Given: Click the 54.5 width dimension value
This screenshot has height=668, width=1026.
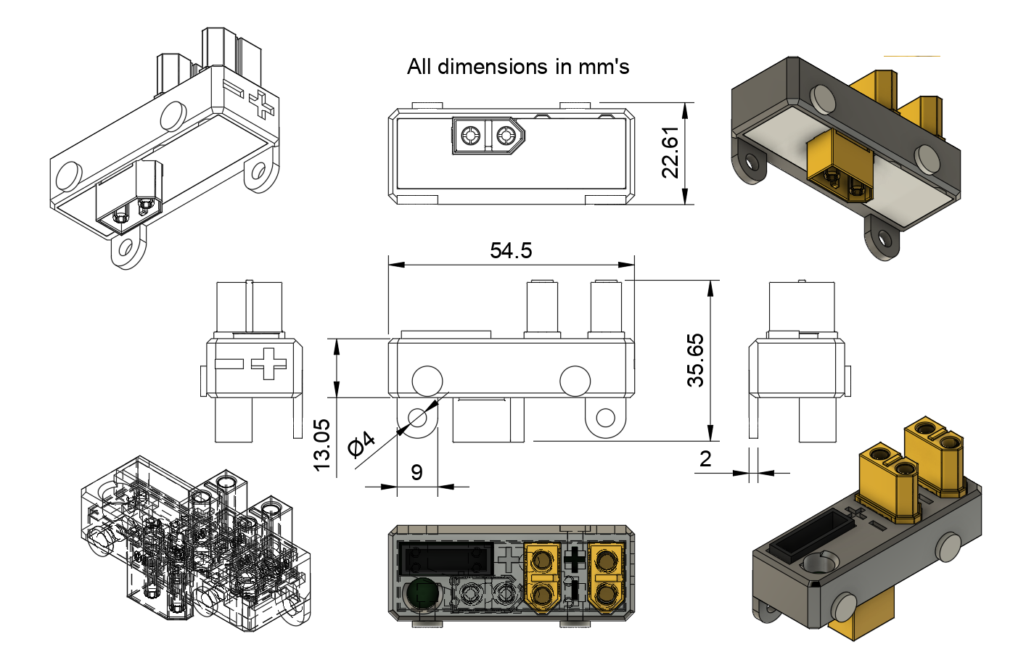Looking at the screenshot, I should point(511,251).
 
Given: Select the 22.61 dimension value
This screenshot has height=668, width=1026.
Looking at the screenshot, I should point(670,152).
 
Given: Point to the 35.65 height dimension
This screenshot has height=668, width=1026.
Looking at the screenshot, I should point(695,360).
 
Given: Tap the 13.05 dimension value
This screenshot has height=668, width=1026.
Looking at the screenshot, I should point(321,445).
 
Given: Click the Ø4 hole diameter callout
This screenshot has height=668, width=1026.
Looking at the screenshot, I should point(361,443).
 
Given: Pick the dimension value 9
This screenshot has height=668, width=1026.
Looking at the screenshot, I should point(416,472).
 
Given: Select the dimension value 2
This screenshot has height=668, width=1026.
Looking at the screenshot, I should point(705,458).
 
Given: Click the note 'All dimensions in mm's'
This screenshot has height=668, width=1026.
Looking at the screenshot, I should point(517,67).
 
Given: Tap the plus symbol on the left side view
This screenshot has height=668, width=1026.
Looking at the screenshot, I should point(268,363).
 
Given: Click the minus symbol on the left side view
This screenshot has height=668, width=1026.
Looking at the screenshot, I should point(229,363).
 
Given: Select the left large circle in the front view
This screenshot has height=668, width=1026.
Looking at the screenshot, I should point(427,381).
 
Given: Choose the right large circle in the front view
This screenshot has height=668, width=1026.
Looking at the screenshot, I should point(575,381).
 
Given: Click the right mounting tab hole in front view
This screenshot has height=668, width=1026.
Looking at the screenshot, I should point(605,418).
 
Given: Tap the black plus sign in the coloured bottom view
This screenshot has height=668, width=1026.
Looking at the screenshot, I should point(575,559).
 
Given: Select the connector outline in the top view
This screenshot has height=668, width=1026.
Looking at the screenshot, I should point(487,136).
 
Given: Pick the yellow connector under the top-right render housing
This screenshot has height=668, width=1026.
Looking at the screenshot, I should point(840,168).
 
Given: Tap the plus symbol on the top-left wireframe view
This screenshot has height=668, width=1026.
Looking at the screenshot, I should point(261,105).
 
